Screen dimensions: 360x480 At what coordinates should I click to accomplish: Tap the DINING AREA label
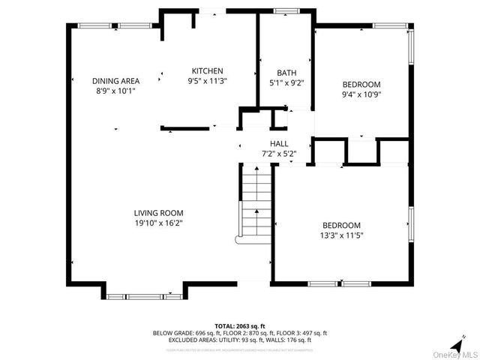(x=115, y=81)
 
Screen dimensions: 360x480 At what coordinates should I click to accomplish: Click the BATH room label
(x=286, y=73)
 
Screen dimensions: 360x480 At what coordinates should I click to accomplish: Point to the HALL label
(x=279, y=144)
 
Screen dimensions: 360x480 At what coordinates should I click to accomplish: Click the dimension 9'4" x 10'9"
(x=361, y=94)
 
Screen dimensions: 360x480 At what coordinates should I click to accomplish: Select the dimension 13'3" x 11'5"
(x=341, y=235)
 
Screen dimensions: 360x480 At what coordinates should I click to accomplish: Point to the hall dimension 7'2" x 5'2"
(x=279, y=154)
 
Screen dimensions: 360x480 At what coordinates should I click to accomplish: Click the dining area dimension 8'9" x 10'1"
(x=115, y=91)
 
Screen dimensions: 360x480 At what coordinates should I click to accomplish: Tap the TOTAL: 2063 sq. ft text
(x=240, y=325)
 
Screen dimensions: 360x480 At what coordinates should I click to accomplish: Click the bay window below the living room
(x=145, y=296)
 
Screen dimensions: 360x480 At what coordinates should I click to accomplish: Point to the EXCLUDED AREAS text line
(x=240, y=339)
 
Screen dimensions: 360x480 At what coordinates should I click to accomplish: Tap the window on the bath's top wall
(x=286, y=12)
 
